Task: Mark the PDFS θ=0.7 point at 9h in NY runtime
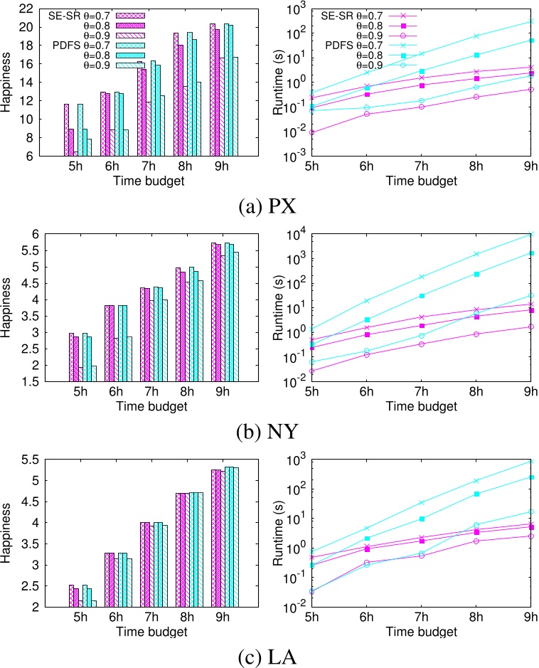(x=530, y=234)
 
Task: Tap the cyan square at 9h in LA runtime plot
(x=530, y=477)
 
